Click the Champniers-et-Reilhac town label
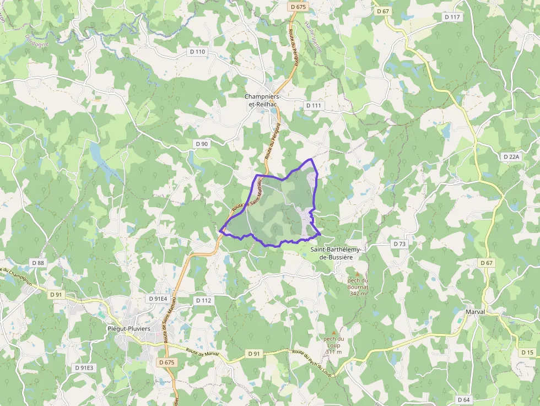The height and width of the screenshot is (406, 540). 262,100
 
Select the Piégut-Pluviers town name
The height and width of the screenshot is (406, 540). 127,329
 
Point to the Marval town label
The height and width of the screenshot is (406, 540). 475,312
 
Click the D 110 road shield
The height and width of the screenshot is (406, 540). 197,52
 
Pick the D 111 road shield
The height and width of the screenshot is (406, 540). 312,105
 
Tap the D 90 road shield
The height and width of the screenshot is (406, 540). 201,144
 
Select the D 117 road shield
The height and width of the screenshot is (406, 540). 452,17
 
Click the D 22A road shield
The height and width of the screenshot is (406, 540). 511,157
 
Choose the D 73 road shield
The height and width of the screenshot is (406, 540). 399,243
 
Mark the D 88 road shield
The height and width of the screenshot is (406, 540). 37,263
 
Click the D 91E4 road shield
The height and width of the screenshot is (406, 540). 158,299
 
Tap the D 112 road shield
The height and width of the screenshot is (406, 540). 203,300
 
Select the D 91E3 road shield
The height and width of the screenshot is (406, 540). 84,367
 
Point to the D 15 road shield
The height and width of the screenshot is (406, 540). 527,352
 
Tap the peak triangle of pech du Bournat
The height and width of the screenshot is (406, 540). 357,274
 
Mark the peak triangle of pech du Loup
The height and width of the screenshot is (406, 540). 333,332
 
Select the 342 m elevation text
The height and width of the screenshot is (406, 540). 358,294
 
